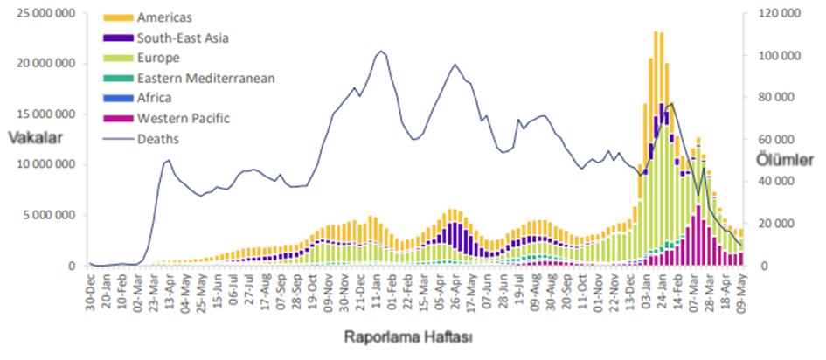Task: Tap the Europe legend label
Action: [x=158, y=58]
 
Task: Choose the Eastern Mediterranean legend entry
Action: [x=205, y=78]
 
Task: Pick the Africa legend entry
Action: [x=154, y=98]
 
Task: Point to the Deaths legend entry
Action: [x=157, y=138]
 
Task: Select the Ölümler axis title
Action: [x=788, y=158]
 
